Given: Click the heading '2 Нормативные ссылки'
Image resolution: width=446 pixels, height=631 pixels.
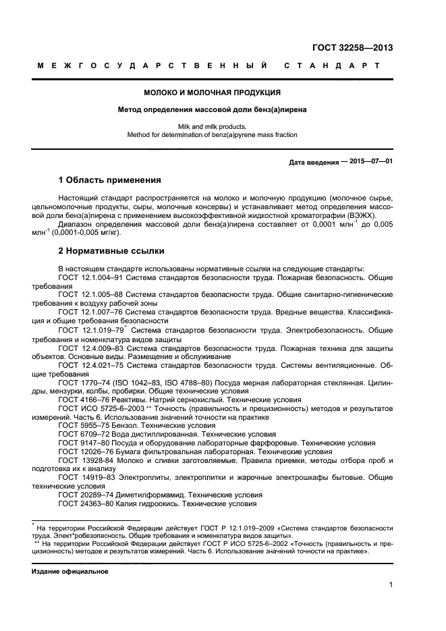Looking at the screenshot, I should point(111,251).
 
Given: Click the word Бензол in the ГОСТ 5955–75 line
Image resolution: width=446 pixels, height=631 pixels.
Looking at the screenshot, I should point(133,426).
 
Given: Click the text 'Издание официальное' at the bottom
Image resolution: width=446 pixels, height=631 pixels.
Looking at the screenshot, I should point(70,571).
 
